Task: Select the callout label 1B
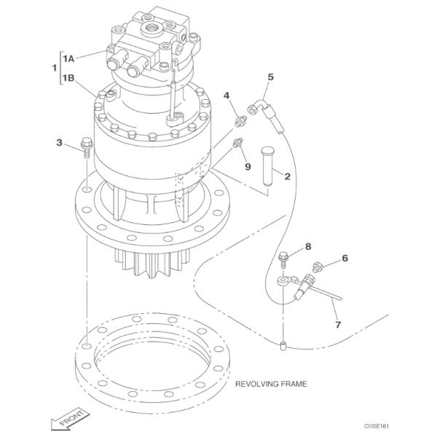(x=70, y=78)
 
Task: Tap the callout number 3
(x=59, y=143)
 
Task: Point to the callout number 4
(x=227, y=95)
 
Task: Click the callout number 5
(x=271, y=76)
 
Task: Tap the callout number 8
(x=308, y=247)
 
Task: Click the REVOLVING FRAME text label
(x=271, y=382)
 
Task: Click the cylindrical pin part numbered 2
(x=267, y=166)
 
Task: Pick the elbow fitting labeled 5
(x=256, y=107)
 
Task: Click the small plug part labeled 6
(x=318, y=266)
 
